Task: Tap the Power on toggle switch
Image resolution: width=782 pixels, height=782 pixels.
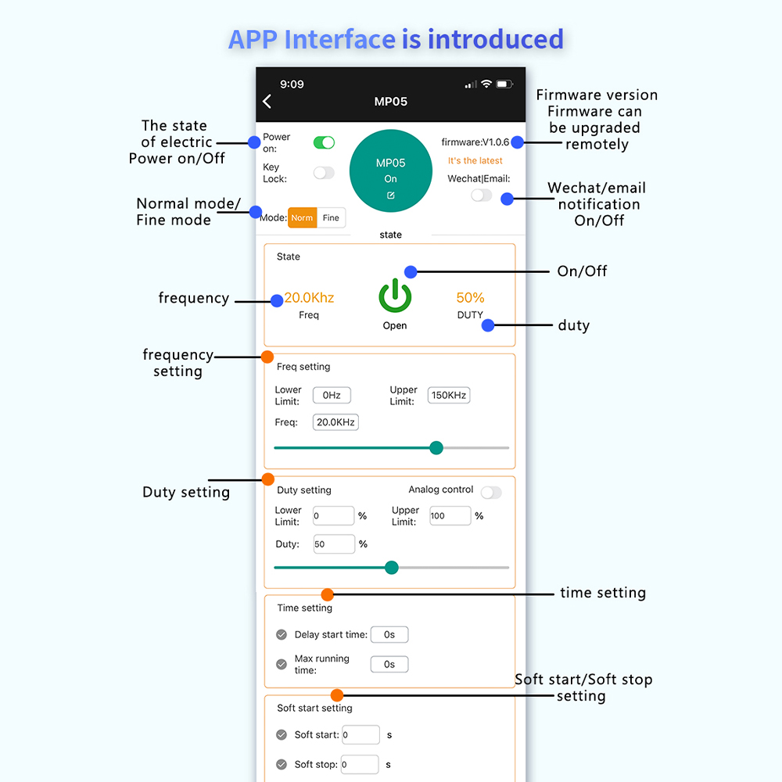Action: click(324, 142)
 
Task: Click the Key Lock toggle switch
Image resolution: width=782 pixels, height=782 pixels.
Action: click(324, 173)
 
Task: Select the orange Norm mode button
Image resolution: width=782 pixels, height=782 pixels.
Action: click(302, 218)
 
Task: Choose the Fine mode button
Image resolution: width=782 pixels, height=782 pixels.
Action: click(331, 218)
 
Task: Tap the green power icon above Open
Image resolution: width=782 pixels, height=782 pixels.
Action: click(395, 297)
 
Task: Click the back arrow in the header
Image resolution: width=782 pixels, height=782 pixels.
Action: click(267, 102)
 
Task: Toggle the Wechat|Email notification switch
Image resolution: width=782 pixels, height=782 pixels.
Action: click(481, 195)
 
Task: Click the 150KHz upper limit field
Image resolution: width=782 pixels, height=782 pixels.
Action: click(449, 396)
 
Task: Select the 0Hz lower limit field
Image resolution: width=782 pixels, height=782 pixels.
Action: click(332, 396)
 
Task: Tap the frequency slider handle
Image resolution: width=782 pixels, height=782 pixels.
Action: click(436, 448)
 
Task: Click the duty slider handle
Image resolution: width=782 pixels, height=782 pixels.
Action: click(392, 568)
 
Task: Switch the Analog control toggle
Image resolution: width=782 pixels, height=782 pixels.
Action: click(491, 493)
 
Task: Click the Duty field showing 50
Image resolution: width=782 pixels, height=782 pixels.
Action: click(334, 544)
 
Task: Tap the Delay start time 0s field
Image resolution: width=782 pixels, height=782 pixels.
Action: click(389, 635)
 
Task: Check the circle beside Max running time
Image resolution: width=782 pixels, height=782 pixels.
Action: click(282, 665)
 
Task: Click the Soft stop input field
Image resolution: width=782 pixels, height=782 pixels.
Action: click(360, 765)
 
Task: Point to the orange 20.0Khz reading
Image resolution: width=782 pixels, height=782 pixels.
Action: click(309, 298)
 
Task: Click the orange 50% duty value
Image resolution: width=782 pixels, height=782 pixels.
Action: click(471, 298)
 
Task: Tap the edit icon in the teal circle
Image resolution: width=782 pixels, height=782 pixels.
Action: click(391, 195)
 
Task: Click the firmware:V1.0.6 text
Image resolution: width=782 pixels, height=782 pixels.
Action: click(475, 142)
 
